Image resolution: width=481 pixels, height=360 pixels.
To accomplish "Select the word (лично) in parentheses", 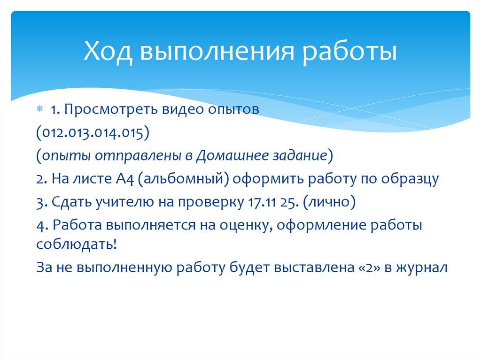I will (x=329, y=202).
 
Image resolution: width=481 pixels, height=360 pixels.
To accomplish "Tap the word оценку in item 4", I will (x=245, y=225).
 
